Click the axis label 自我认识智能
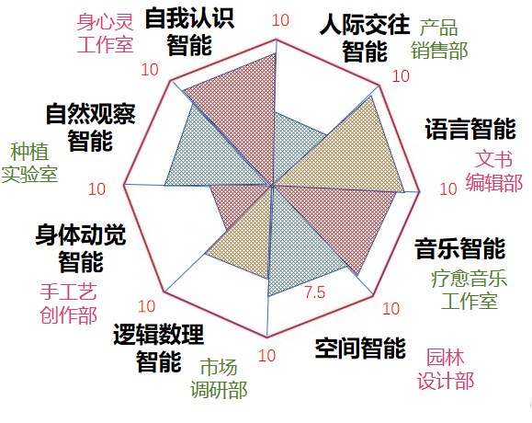[x=189, y=31]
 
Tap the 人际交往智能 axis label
[x=365, y=38]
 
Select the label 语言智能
[x=470, y=129]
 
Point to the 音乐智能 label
[x=460, y=248]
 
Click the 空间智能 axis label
[x=360, y=348]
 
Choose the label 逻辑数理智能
[x=158, y=348]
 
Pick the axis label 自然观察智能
[x=90, y=127]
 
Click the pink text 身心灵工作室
[x=105, y=33]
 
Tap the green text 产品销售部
[x=439, y=39]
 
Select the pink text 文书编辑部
[x=493, y=171]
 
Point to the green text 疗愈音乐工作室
[x=469, y=290]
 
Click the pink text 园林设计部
[x=446, y=369]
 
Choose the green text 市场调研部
[x=219, y=379]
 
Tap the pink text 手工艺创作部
[x=69, y=303]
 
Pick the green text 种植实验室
[x=29, y=163]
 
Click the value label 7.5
[x=315, y=292]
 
